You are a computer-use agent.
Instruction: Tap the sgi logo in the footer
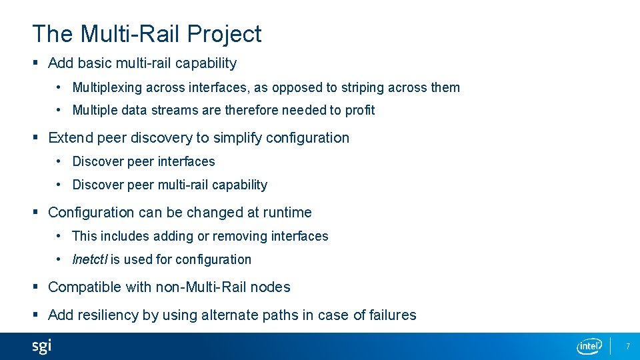coord(41,346)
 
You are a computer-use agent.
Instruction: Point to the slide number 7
coord(627,346)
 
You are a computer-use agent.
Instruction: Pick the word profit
coord(360,110)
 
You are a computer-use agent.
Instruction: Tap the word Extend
coord(71,138)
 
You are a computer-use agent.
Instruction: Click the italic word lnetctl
coord(89,259)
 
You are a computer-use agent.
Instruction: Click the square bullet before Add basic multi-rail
coord(35,63)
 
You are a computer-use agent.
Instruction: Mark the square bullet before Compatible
coord(35,287)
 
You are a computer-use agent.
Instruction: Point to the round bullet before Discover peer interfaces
coord(59,161)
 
